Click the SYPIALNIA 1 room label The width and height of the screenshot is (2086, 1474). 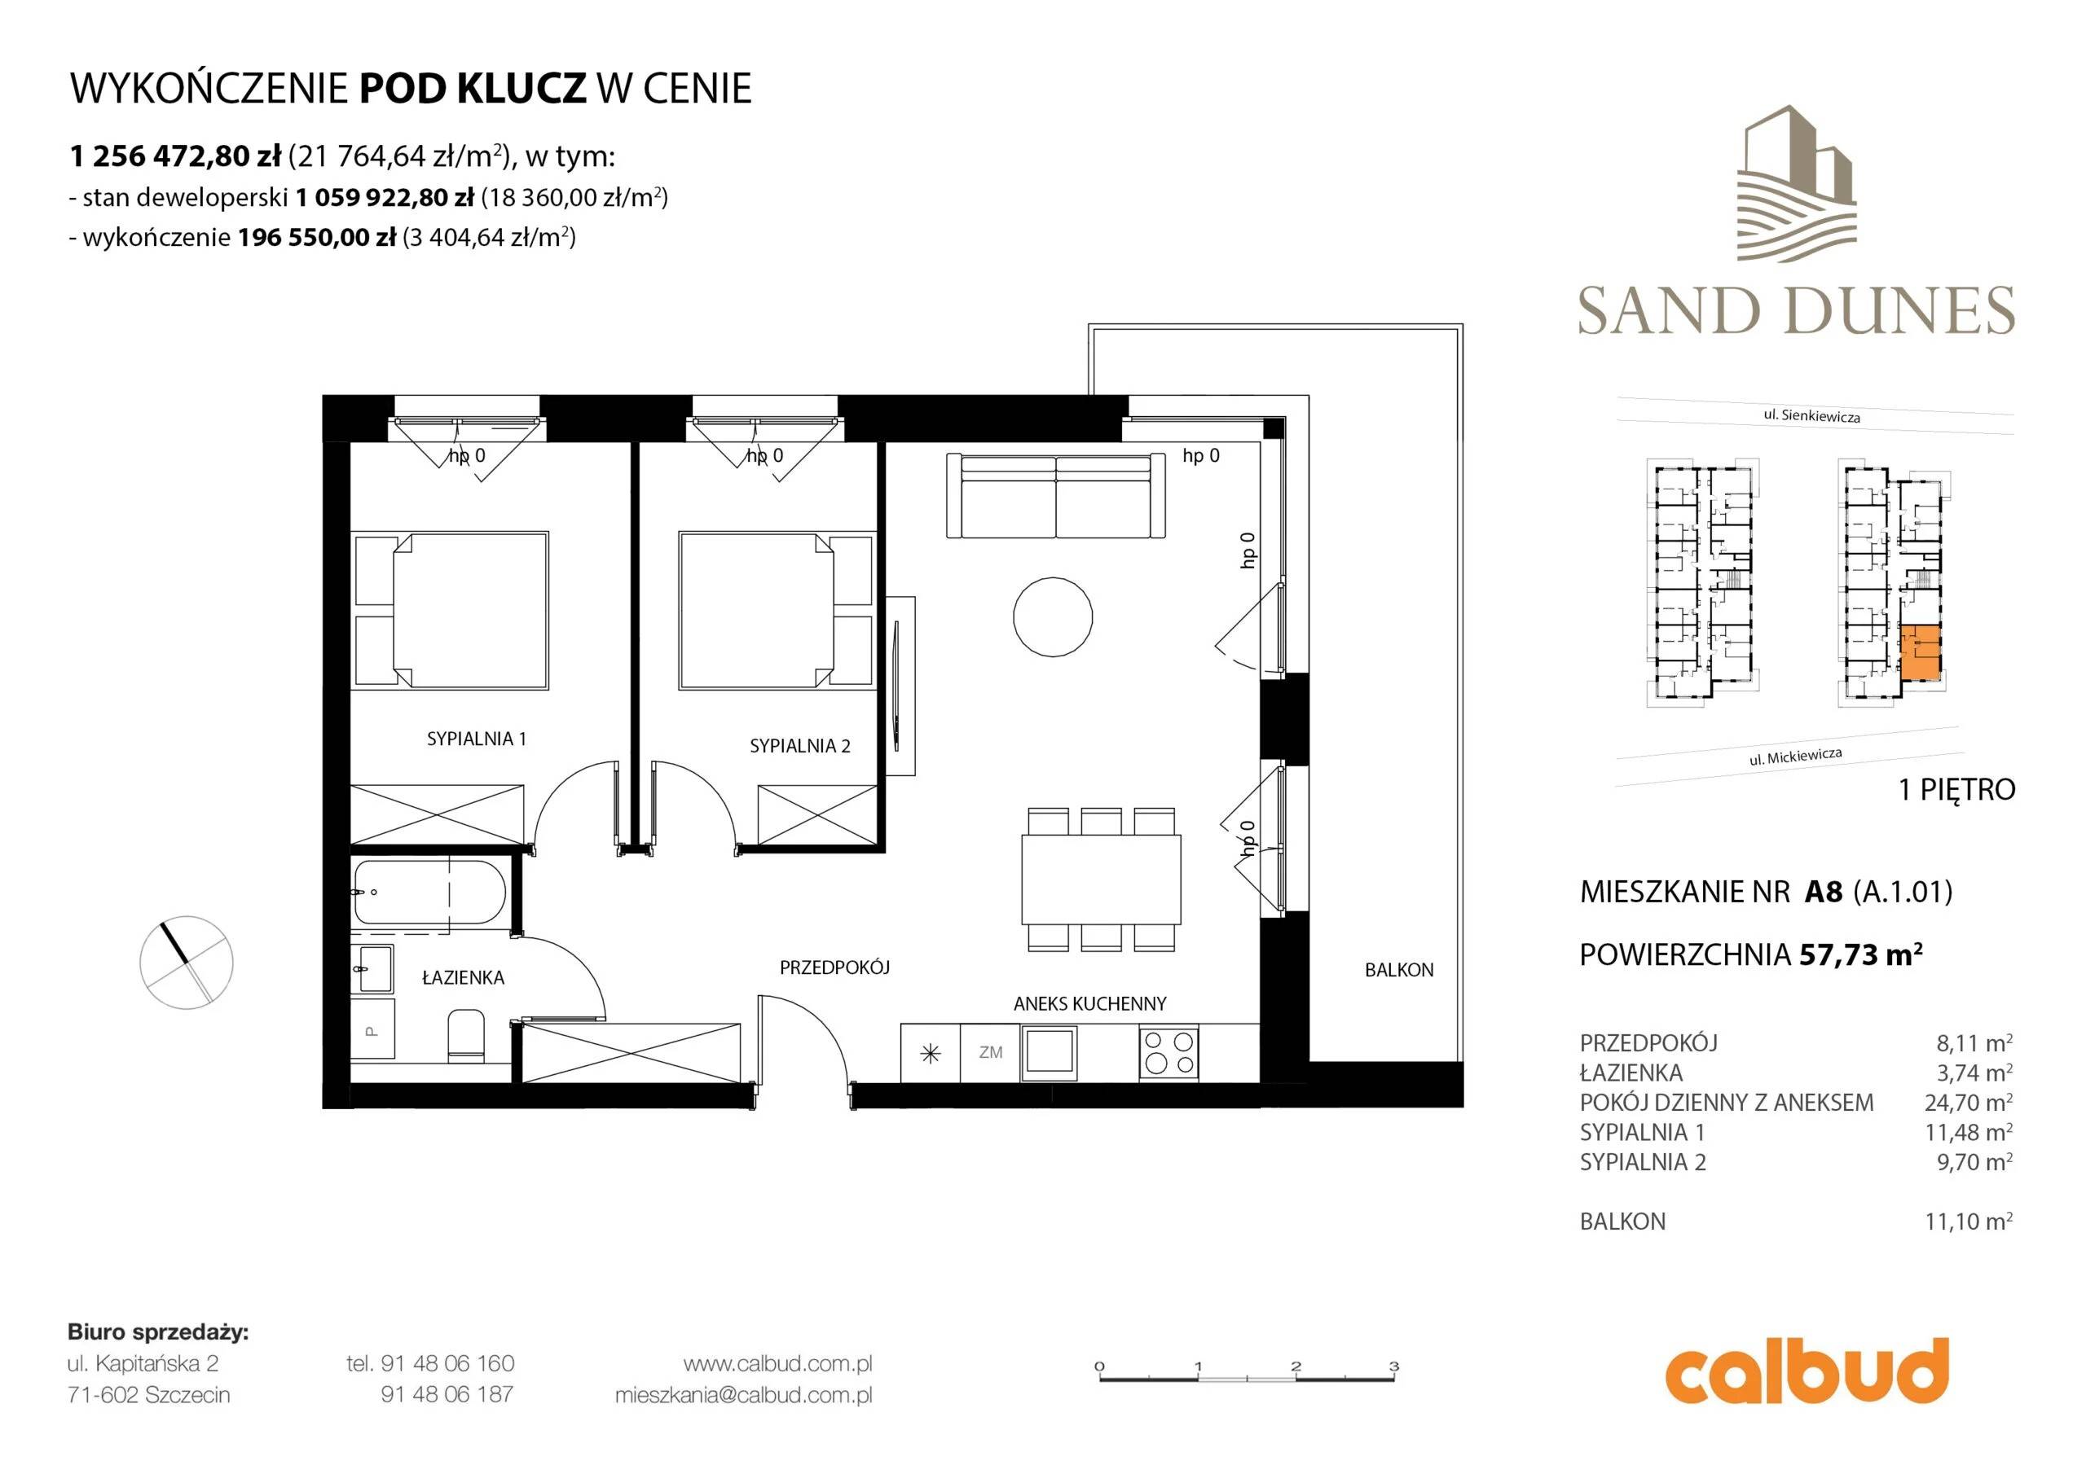tap(476, 739)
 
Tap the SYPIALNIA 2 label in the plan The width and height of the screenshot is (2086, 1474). tap(799, 747)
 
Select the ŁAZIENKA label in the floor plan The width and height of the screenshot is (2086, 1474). tap(464, 978)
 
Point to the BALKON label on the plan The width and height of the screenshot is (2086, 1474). tap(1399, 971)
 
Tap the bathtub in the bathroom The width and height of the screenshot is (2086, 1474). tap(429, 892)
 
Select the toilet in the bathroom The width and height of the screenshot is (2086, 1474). tap(466, 1034)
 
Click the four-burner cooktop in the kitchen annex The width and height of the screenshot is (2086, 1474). tap(1168, 1054)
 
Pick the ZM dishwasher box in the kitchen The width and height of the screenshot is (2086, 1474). tap(990, 1054)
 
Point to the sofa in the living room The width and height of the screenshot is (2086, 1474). tap(1056, 496)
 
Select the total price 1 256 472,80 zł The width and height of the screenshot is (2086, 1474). tap(175, 156)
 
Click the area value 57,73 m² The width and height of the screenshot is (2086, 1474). tap(1860, 954)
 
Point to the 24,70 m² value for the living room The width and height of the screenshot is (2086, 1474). tap(1968, 1103)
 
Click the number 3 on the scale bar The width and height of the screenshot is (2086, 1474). tap(1393, 1366)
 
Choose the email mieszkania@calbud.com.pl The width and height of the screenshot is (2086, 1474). tap(743, 1395)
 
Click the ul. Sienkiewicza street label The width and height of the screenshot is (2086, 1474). tap(1811, 415)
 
